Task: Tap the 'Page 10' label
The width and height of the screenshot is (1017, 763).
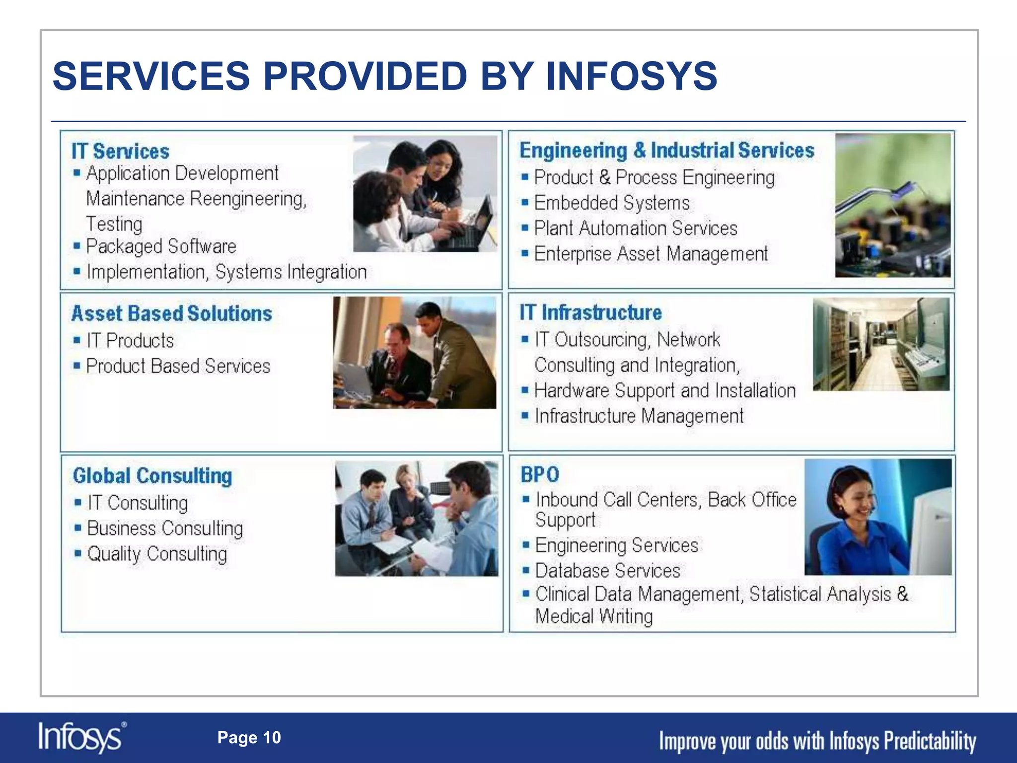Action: (249, 738)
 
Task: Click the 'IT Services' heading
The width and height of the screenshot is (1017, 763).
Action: (120, 151)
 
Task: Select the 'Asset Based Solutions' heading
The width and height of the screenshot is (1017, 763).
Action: (171, 313)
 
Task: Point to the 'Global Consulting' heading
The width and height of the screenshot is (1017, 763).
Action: (152, 476)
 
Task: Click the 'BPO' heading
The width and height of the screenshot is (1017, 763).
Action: (540, 474)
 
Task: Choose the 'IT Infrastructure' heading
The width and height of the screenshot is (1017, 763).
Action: (590, 312)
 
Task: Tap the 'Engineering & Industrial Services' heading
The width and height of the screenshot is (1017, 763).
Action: (666, 151)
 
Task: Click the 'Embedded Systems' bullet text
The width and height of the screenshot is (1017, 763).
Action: (612, 203)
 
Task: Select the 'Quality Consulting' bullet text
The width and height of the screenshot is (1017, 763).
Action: (157, 554)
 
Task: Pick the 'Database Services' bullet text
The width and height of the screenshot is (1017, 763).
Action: (607, 571)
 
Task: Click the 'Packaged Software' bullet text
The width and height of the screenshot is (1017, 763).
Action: (161, 246)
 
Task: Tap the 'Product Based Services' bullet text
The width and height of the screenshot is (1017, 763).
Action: (178, 366)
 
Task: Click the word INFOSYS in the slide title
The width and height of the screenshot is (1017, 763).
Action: (631, 76)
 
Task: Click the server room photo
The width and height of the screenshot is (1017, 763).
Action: (881, 344)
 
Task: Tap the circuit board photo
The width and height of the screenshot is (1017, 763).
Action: (892, 205)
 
